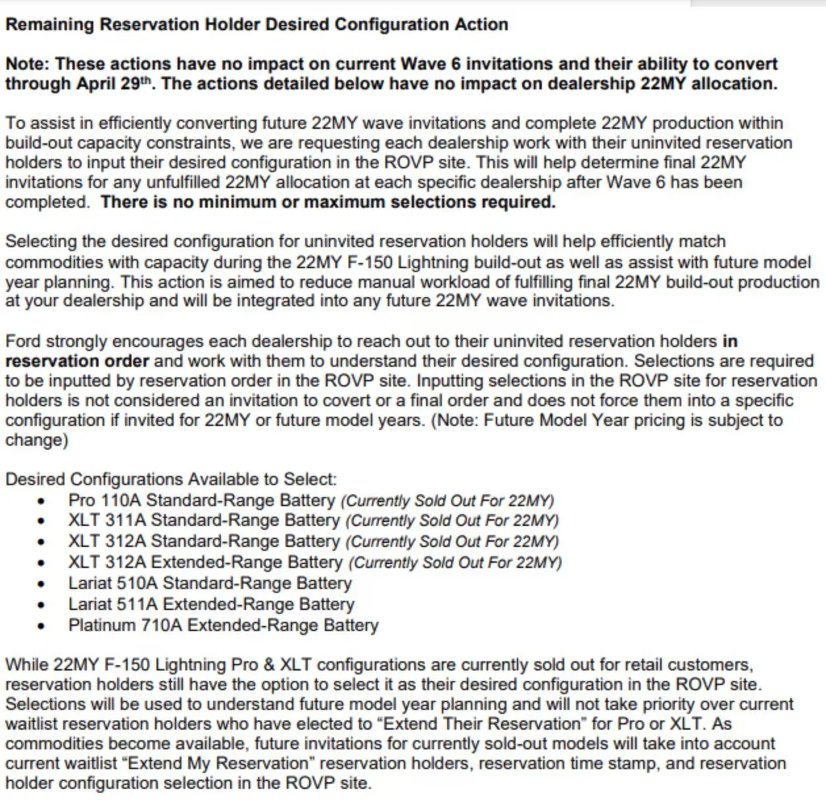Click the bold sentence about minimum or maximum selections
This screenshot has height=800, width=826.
point(328,202)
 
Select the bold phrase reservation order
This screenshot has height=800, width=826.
point(77,362)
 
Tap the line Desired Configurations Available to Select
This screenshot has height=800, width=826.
point(171,479)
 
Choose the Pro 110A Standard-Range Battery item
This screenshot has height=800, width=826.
point(201,500)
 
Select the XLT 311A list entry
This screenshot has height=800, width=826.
point(203,521)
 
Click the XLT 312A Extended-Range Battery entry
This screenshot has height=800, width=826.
point(205,563)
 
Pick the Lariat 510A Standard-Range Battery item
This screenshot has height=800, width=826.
point(210,583)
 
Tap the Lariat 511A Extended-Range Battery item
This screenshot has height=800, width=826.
point(211,604)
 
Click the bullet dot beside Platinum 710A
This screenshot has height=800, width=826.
point(42,626)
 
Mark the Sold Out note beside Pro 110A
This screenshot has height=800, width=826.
point(447,501)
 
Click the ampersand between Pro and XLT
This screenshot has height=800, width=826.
point(265,665)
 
